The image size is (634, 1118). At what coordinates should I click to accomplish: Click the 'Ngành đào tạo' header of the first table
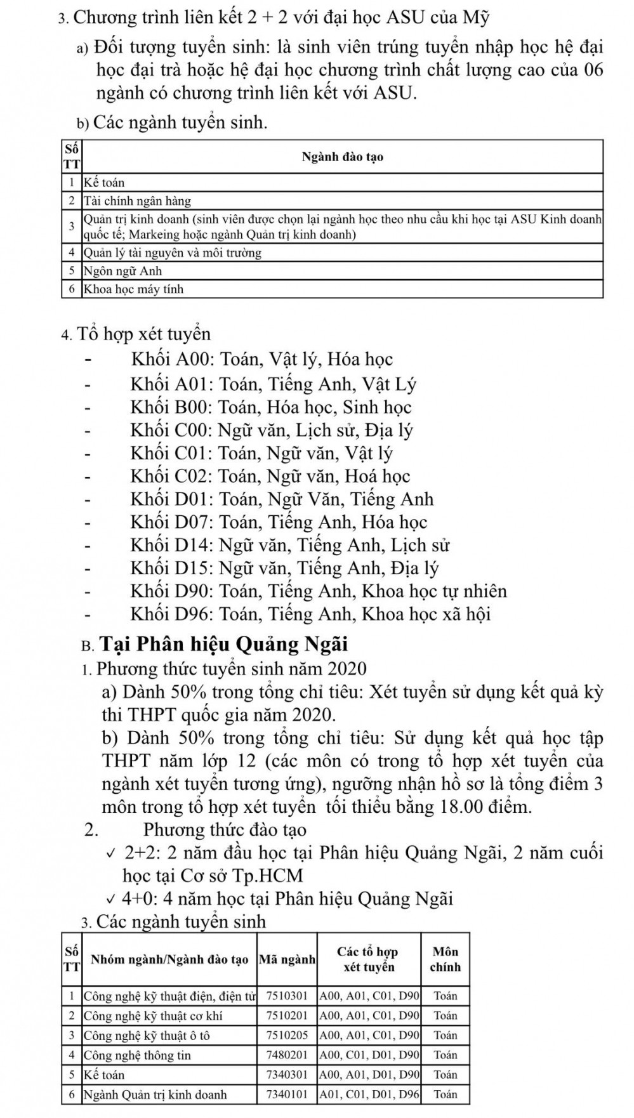(x=342, y=157)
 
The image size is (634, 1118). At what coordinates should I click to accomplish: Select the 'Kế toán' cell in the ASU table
(x=105, y=183)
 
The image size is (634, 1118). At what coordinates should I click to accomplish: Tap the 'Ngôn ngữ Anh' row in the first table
(x=124, y=271)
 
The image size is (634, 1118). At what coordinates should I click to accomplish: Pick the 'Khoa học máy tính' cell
(x=134, y=289)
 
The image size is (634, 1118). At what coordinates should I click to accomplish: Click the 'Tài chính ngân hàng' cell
(x=138, y=201)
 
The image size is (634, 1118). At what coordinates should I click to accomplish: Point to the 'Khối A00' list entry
(x=261, y=360)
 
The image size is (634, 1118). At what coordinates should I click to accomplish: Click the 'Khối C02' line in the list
(x=270, y=477)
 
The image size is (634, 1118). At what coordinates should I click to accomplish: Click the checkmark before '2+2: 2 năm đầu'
(x=112, y=853)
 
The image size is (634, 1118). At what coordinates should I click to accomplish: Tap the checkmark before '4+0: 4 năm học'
(x=112, y=899)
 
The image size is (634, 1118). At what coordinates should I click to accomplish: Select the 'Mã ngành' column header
(x=287, y=959)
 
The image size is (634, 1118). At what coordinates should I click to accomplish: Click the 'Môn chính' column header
(x=445, y=959)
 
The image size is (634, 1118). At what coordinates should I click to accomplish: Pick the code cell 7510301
(x=287, y=996)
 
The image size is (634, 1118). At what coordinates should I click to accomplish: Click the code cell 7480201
(x=287, y=1055)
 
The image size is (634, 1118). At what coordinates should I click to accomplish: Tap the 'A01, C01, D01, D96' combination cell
(x=369, y=1095)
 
